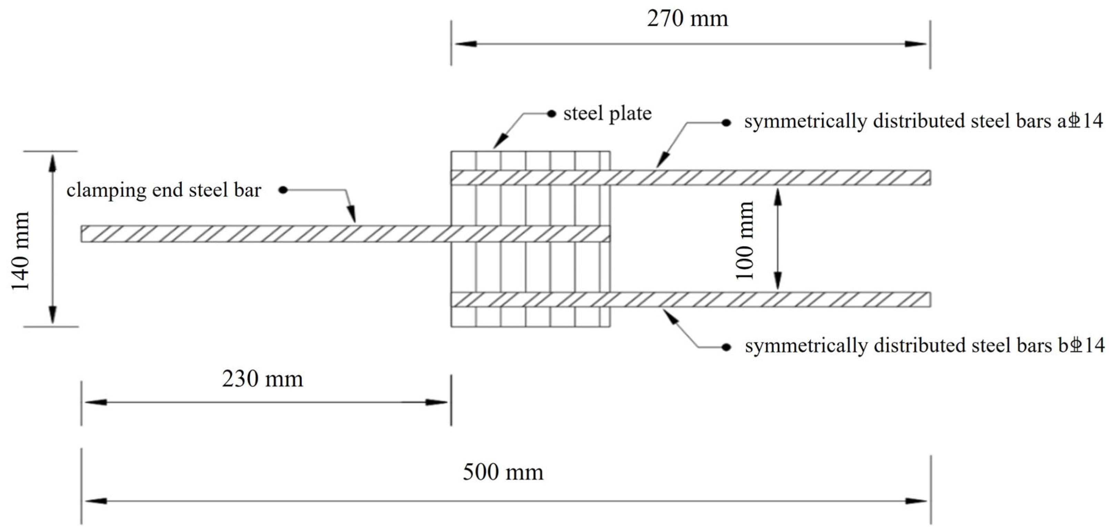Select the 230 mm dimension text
coord(262,380)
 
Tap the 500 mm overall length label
coord(503,472)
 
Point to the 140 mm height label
coord(20,251)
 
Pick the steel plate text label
coord(607,114)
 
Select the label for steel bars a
coord(923,121)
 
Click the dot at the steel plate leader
coord(551,114)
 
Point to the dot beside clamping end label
coord(283,190)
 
